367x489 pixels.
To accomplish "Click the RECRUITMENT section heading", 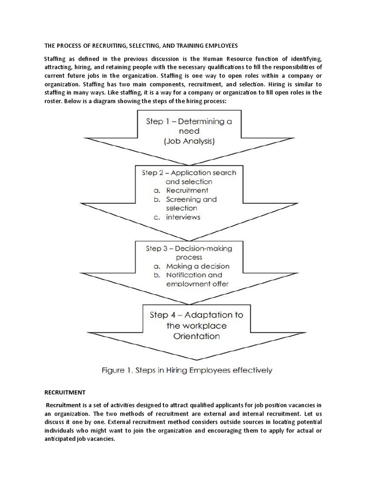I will tap(65, 393).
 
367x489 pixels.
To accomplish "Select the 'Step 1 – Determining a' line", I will tap(189, 121).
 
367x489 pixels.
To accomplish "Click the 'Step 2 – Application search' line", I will tap(189, 172).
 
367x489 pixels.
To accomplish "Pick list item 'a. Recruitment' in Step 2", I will tap(181, 191).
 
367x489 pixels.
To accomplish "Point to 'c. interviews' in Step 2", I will tap(177, 217).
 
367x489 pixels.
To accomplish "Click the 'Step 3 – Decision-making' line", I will tap(189, 248).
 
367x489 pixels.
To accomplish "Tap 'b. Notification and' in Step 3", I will tap(188, 275).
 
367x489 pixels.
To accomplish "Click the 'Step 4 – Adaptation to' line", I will tap(196, 315).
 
